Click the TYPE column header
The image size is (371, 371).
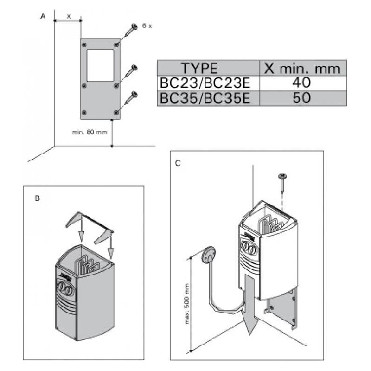point(199,69)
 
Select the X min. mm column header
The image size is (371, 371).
point(302,69)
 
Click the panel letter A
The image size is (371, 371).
point(43,17)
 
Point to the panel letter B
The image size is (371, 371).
point(37,198)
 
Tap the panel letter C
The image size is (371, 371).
point(179,163)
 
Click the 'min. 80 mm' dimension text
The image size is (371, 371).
point(90,132)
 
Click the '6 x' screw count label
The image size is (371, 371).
point(147,26)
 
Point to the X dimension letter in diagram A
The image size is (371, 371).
point(69,16)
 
